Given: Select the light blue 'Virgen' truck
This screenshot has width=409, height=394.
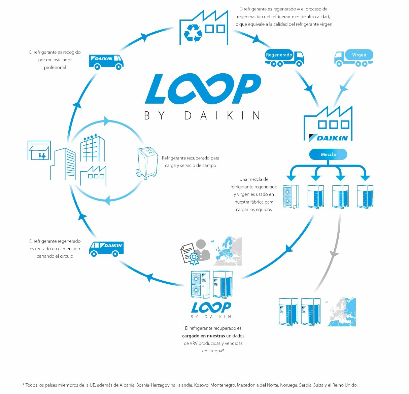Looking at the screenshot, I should tap(354, 58).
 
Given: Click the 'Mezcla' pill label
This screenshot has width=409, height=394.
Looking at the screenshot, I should tap(328, 154).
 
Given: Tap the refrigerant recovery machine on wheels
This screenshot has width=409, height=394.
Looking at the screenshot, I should tap(147, 163).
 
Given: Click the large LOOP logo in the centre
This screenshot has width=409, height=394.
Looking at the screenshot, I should tap(203, 89).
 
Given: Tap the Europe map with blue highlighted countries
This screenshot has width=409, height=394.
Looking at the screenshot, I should tap(227, 251).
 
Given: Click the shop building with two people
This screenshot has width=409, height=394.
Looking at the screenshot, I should tap(39, 150).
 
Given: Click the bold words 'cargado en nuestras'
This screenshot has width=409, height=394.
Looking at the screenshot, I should tap(203, 336).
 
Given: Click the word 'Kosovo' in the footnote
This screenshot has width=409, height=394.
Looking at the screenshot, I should tap(201, 385).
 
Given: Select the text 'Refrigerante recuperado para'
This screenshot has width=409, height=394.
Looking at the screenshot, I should tap(191, 158).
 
